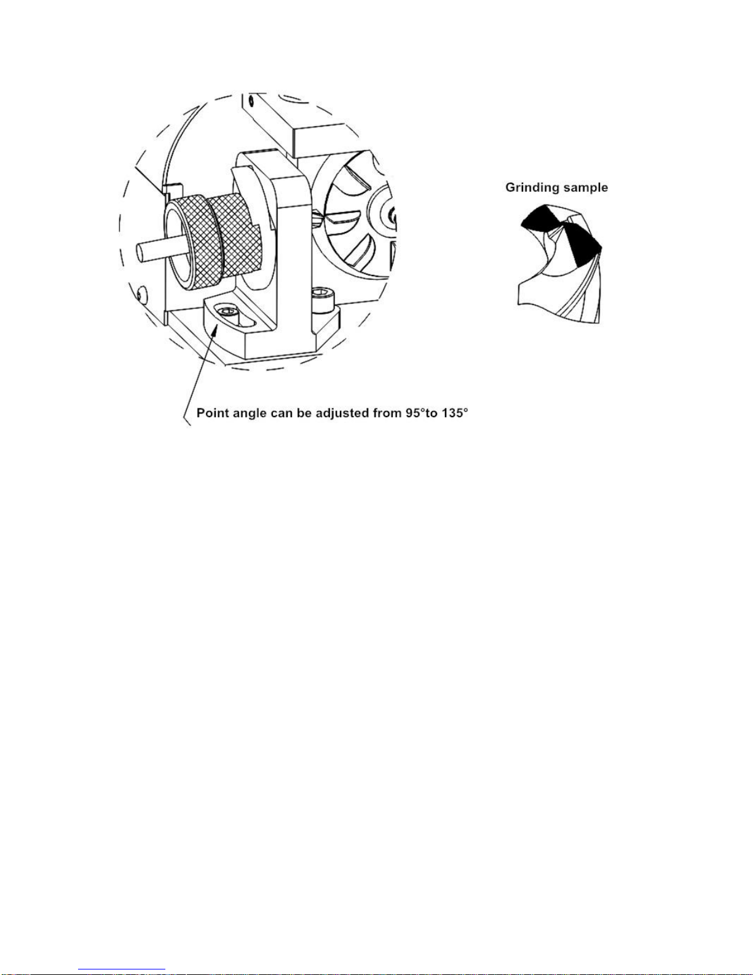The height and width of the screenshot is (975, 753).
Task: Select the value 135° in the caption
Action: pyautogui.click(x=454, y=413)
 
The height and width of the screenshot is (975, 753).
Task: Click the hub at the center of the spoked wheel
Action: pyautogui.click(x=390, y=215)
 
